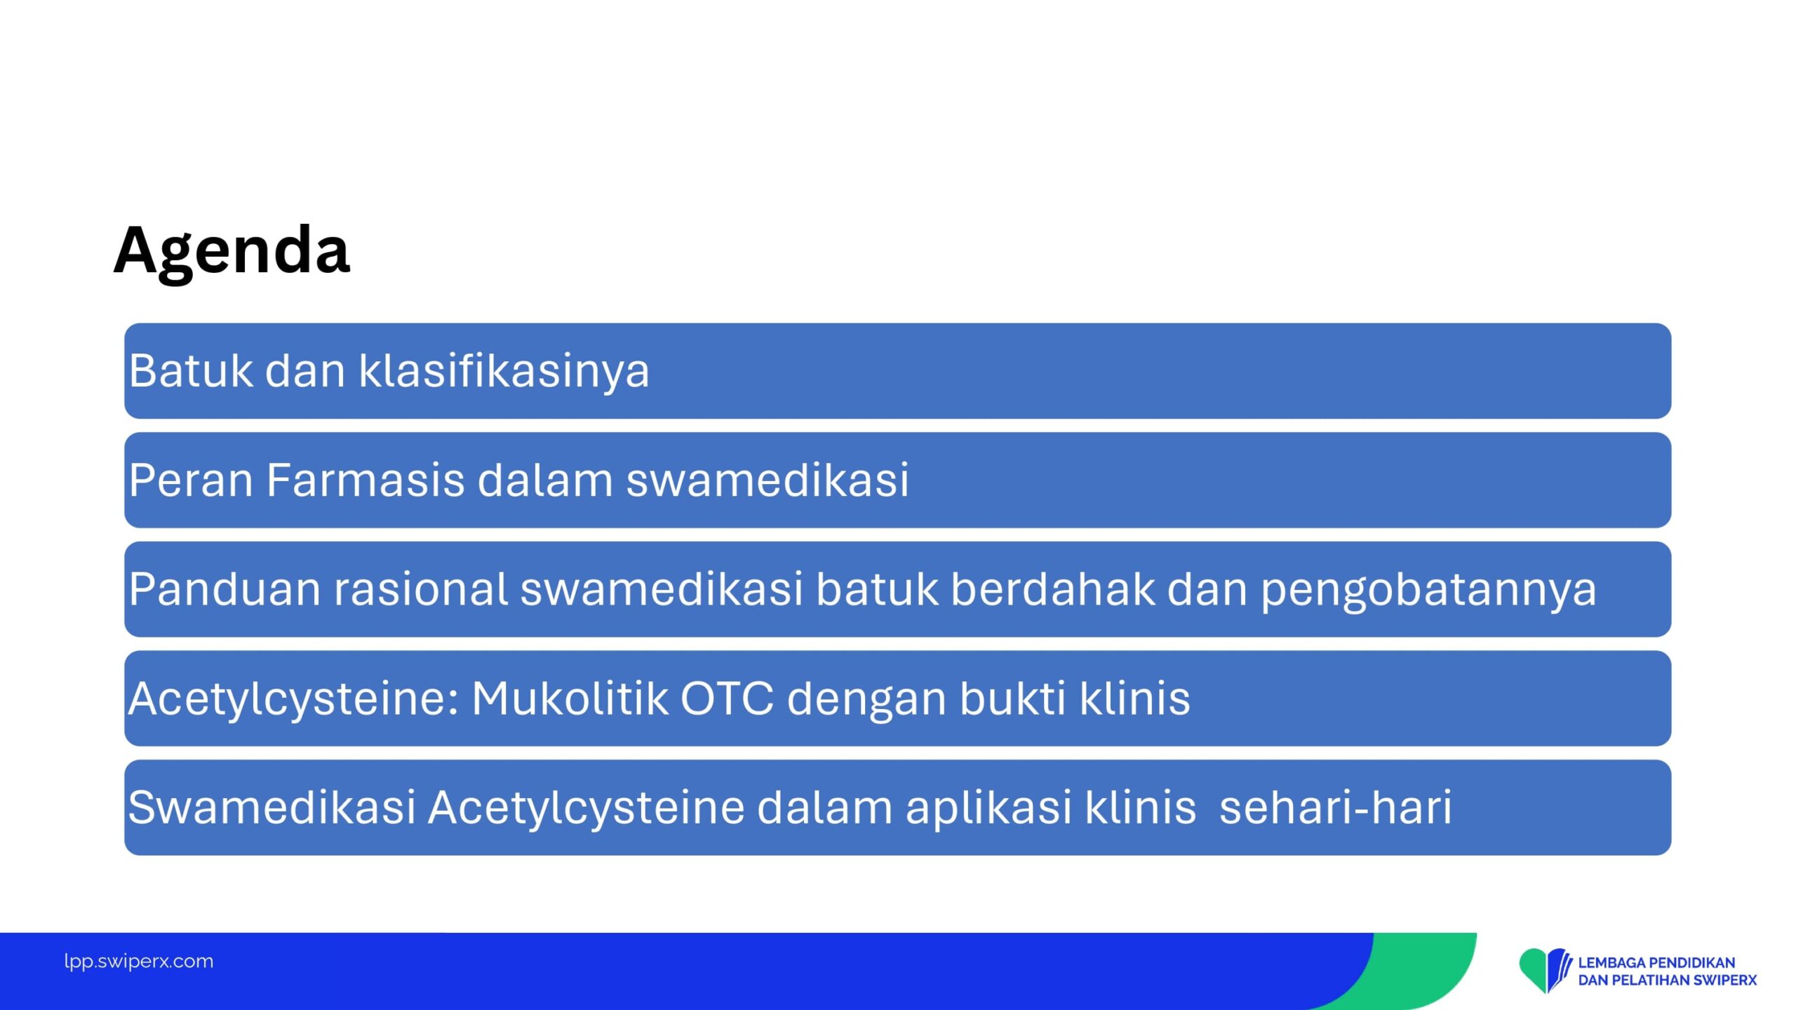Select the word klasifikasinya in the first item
click(504, 372)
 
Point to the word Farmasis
click(365, 480)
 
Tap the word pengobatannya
click(1429, 591)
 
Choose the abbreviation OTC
click(727, 699)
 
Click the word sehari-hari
click(1336, 807)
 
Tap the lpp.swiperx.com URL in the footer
click(139, 962)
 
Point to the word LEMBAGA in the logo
click(1614, 963)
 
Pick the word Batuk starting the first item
click(191, 372)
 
